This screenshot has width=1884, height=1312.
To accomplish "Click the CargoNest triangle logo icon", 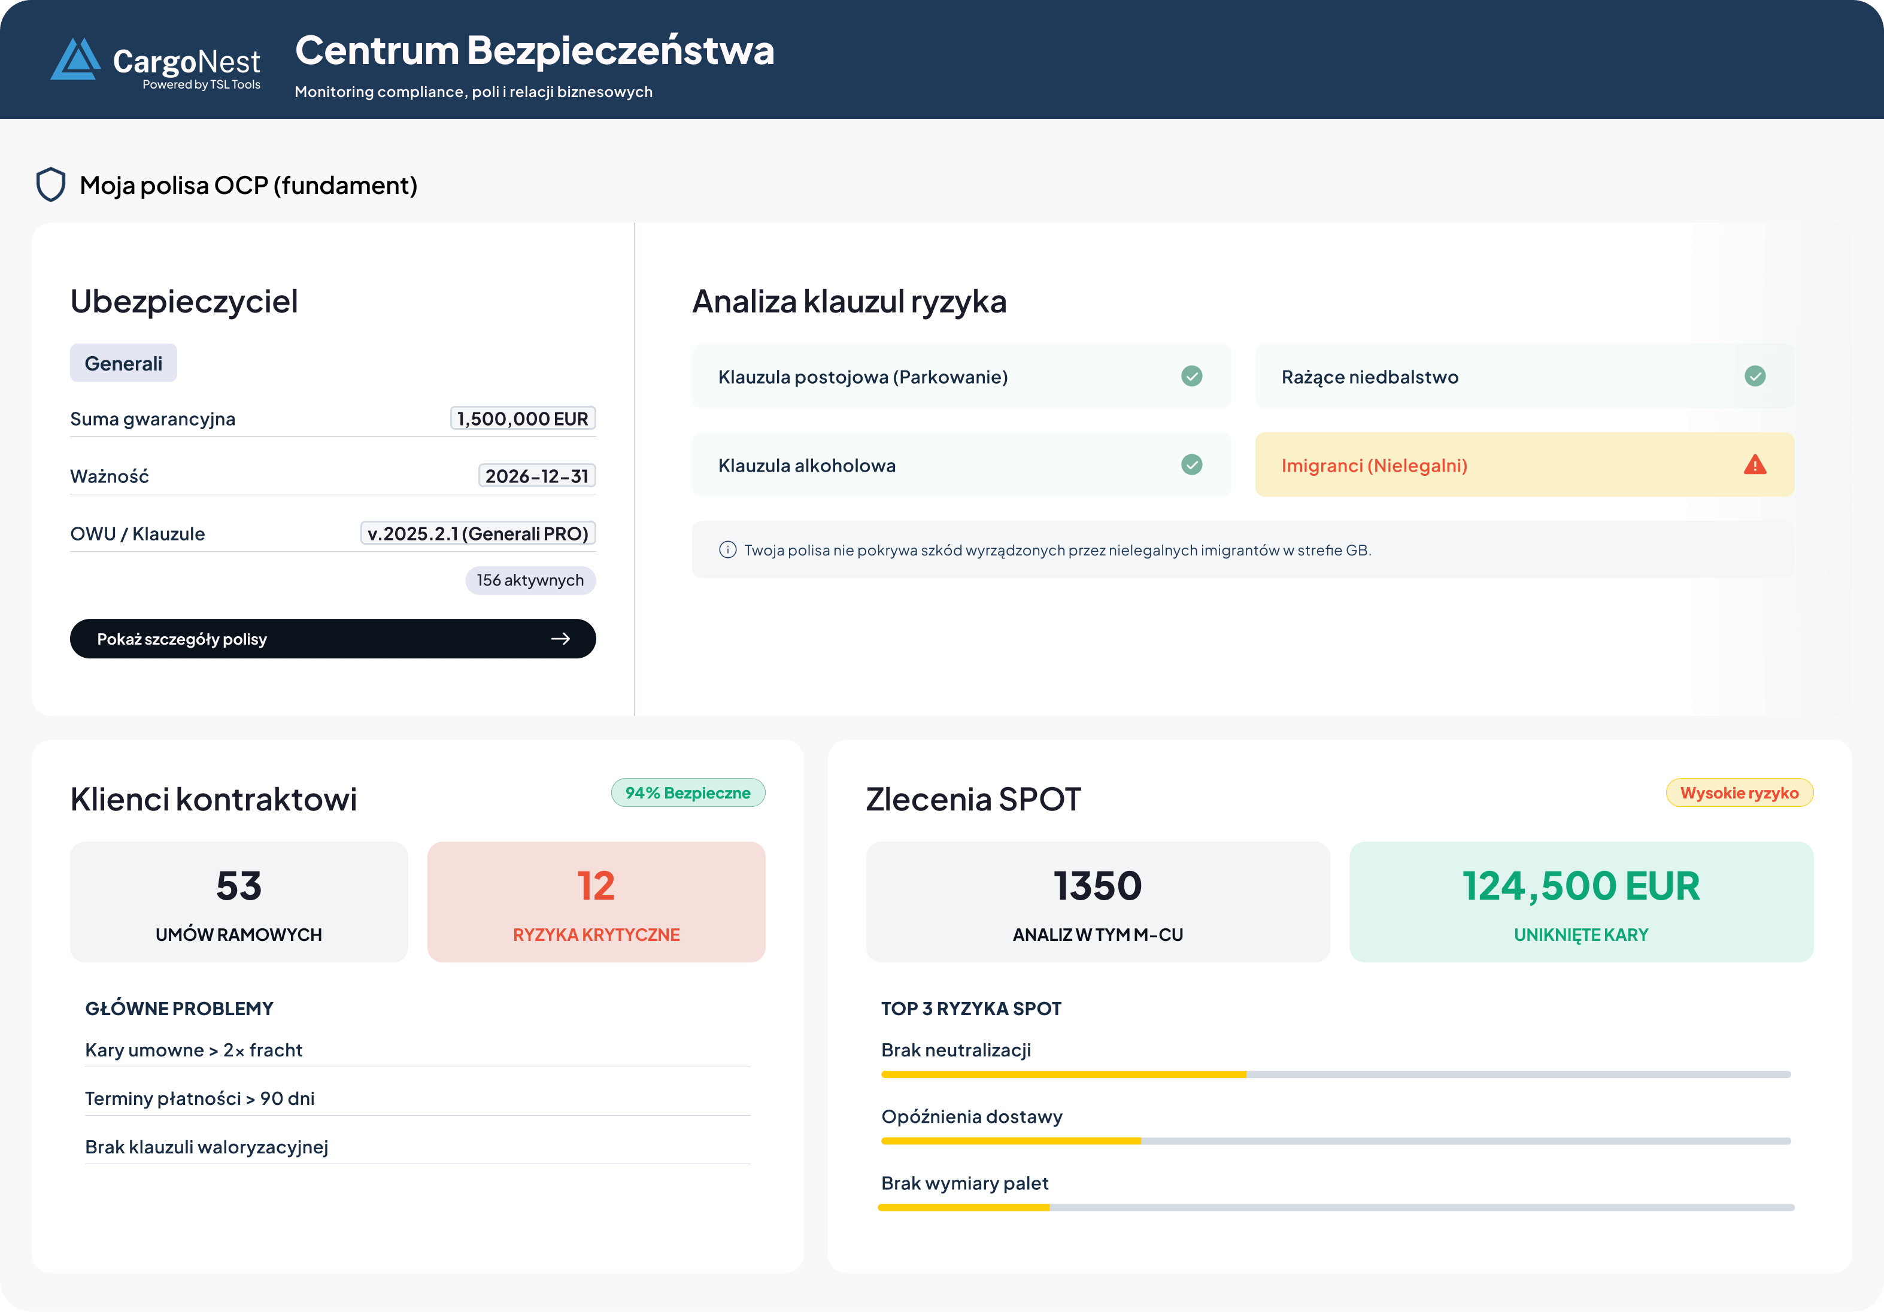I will click(x=75, y=60).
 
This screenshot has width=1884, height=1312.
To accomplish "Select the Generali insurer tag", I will click(x=123, y=363).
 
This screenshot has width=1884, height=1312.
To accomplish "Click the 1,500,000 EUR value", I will click(x=523, y=418).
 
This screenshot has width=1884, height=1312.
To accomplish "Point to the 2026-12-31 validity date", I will click(x=536, y=476).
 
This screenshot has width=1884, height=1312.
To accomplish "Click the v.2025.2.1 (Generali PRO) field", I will click(x=478, y=533).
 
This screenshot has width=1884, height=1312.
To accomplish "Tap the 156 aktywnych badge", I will click(x=530, y=580).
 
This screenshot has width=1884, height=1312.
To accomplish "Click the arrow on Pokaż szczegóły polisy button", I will click(x=560, y=639).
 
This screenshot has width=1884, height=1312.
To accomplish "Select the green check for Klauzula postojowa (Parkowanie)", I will click(x=1191, y=376).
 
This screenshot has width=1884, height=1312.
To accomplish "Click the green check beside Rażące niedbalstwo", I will click(x=1754, y=376).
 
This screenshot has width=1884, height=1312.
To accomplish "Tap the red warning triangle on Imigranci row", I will click(x=1754, y=465).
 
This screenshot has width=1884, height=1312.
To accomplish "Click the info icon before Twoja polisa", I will click(x=727, y=549).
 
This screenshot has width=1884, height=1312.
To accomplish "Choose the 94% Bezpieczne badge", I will click(x=688, y=792).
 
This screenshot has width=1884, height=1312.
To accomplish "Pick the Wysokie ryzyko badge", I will click(x=1739, y=792).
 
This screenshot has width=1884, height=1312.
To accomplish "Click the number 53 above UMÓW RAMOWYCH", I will click(x=239, y=886).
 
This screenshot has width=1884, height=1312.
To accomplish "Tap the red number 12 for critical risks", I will click(x=596, y=886).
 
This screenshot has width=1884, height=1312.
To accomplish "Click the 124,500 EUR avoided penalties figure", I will click(x=1580, y=886).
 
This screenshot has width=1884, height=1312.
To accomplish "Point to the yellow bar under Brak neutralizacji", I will click(x=1063, y=1074).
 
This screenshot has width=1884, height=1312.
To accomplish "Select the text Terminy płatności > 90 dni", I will click(x=199, y=1099).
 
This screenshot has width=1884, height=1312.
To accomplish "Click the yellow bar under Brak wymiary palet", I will click(x=964, y=1208).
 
